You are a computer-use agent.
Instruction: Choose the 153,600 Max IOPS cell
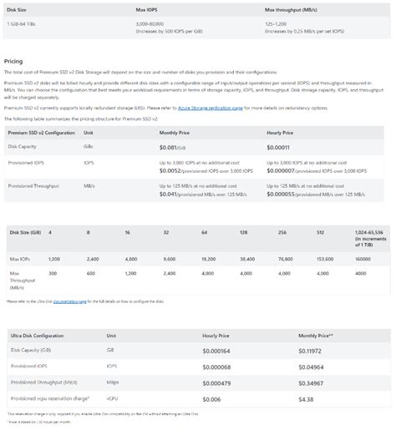(x=326, y=261)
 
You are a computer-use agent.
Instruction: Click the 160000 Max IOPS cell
(x=363, y=261)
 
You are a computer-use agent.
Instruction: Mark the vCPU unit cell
(x=114, y=399)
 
